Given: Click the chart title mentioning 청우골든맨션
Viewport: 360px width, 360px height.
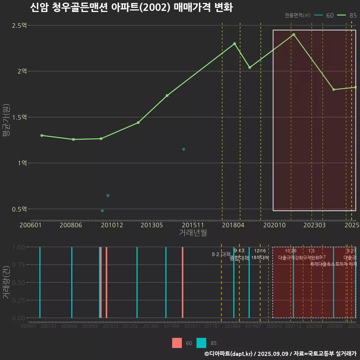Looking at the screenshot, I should [x=131, y=7].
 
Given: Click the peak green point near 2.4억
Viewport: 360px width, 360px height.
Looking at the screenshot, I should [x=294, y=34].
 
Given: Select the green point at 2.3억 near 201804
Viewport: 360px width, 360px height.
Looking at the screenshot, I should [x=234, y=43].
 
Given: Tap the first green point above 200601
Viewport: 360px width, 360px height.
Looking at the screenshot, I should [x=42, y=135].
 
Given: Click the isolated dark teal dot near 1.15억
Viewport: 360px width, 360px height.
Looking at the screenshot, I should [x=183, y=149].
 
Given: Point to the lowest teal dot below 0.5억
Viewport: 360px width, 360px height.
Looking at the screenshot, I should [x=102, y=211].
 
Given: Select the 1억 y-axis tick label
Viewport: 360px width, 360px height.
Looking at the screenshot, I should [x=22, y=163].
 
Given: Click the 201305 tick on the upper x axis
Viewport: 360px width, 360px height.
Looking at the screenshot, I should [x=151, y=225].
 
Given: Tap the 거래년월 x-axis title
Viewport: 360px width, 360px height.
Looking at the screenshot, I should [x=193, y=232].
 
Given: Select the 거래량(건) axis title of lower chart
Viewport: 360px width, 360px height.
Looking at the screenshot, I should [x=6, y=282].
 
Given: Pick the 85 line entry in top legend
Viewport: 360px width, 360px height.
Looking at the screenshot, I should [x=347, y=15].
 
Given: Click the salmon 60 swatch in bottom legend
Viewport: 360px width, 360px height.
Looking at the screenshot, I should [x=177, y=343].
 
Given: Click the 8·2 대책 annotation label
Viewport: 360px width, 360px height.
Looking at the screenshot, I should [x=221, y=254].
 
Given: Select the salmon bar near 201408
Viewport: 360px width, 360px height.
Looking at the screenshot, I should [x=182, y=282].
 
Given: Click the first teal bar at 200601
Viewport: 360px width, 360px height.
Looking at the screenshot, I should [x=40, y=282].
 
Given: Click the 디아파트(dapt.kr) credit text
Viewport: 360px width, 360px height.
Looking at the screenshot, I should [x=229, y=354].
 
